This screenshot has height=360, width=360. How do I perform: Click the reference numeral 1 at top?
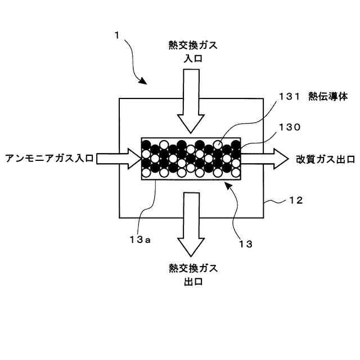tap(117, 35)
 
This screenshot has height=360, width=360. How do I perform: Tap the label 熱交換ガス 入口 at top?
tap(192, 51)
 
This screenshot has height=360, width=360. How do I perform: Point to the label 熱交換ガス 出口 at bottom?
tap(192, 274)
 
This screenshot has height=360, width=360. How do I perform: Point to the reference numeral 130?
tap(289, 127)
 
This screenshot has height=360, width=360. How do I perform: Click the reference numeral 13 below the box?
tap(246, 245)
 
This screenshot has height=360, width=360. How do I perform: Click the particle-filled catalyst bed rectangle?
tap(191, 159)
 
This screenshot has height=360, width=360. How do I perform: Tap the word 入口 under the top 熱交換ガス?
tap(192, 57)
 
